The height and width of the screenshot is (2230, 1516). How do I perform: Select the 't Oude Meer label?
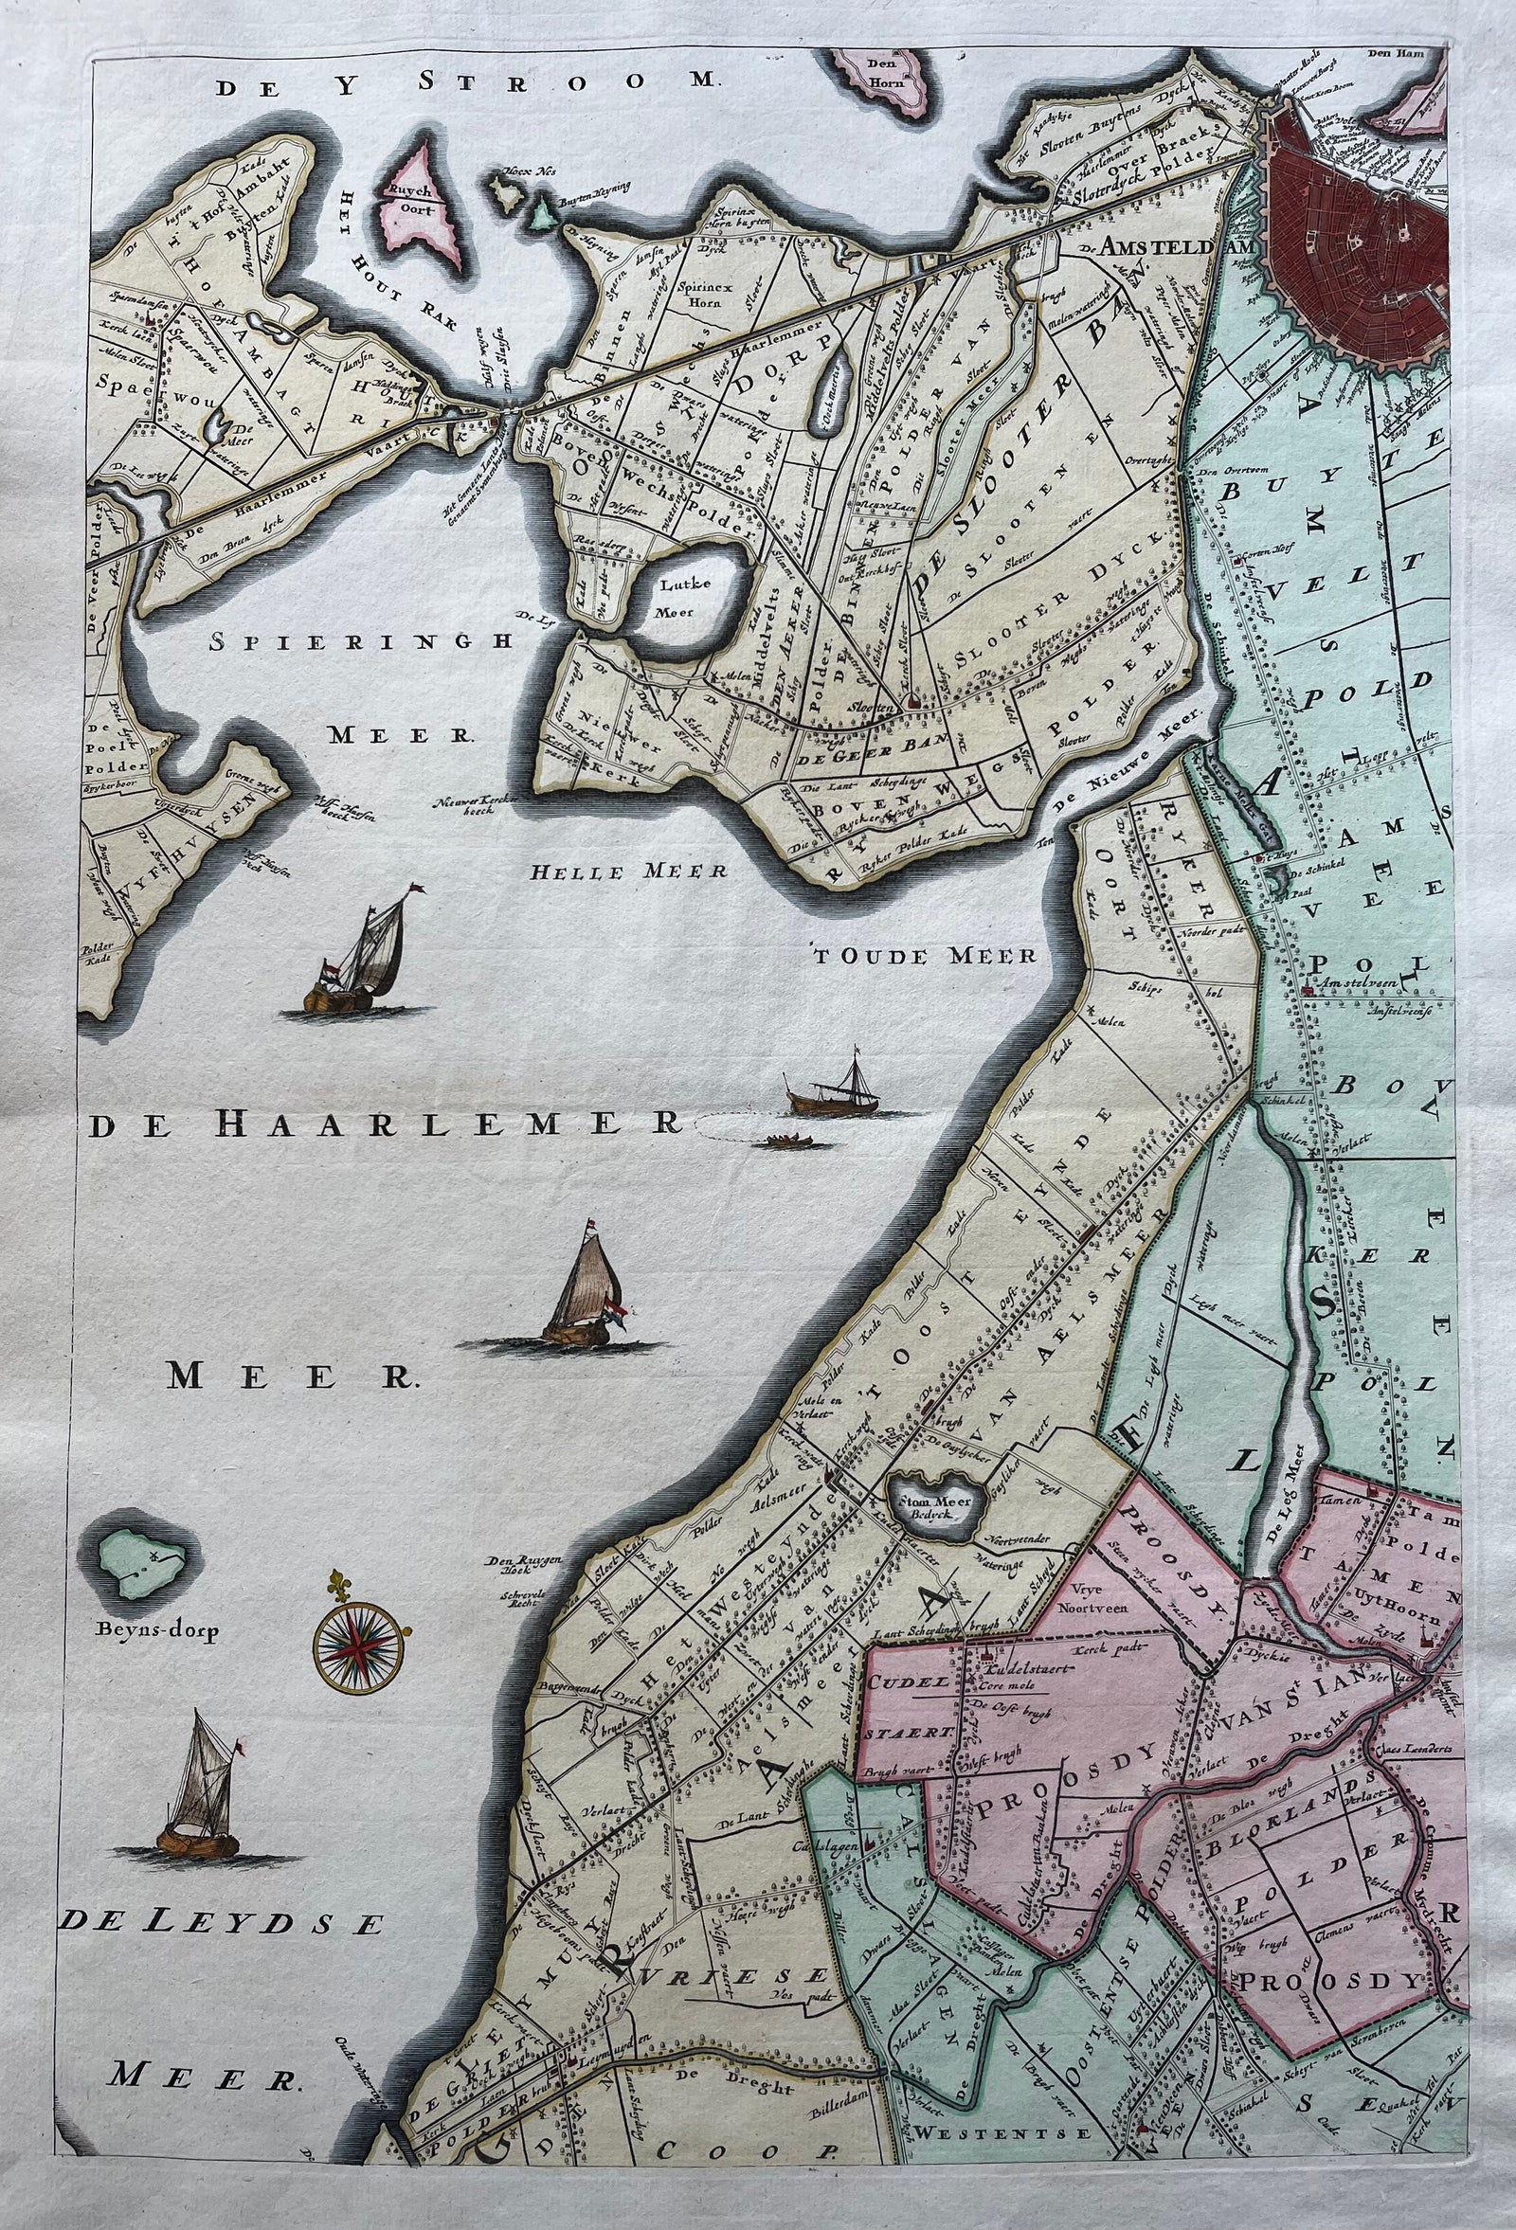tap(924, 956)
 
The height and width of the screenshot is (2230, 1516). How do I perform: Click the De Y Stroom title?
tap(464, 83)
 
